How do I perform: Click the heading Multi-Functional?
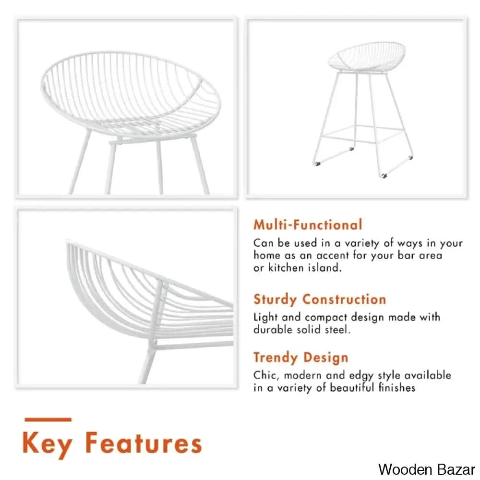(308, 225)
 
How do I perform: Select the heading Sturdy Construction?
(320, 300)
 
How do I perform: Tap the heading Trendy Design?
(300, 358)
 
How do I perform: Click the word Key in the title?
(47, 444)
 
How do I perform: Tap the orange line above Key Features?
(48, 420)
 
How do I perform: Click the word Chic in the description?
(265, 375)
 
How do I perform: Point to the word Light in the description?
(265, 317)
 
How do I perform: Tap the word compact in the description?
(326, 317)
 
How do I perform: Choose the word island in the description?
(325, 268)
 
